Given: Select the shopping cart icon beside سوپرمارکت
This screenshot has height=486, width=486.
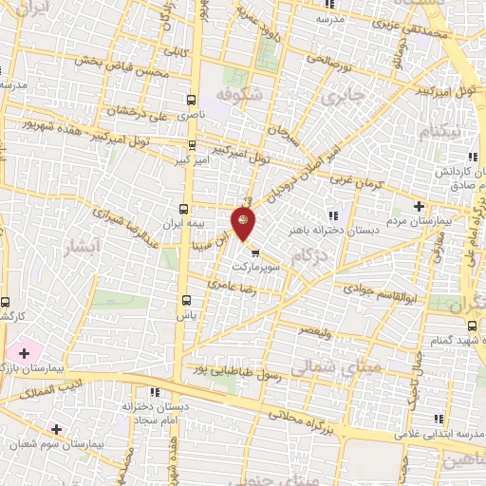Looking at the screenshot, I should click(254, 252).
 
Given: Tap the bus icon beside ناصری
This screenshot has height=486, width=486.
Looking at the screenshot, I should click(193, 100).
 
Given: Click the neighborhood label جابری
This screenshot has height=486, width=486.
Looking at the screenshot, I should click(342, 96).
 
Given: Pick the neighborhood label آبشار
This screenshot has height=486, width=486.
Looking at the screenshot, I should click(73, 251).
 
